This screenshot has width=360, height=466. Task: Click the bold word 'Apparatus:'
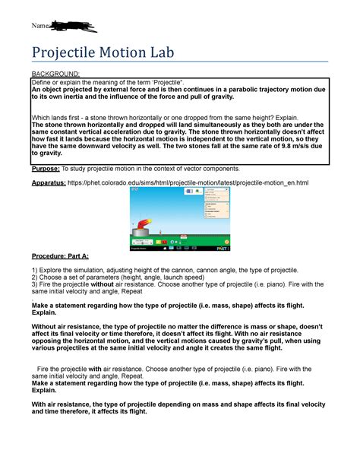54,183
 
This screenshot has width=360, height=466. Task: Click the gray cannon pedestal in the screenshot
138,233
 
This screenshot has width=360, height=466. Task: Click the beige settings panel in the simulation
216,211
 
